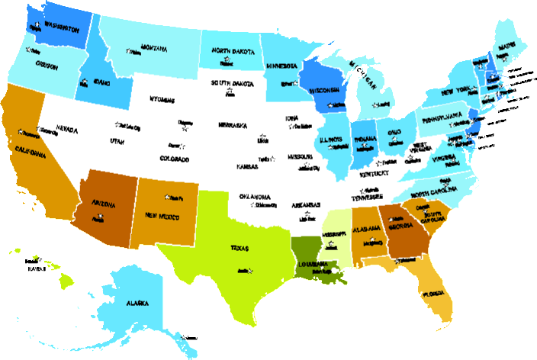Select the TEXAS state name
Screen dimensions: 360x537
click(240, 247)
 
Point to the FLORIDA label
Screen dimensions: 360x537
click(436, 293)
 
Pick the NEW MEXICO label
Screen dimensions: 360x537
click(162, 216)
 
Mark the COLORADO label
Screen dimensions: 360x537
click(175, 159)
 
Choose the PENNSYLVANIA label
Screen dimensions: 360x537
click(444, 117)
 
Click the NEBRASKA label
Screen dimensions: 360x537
click(233, 124)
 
